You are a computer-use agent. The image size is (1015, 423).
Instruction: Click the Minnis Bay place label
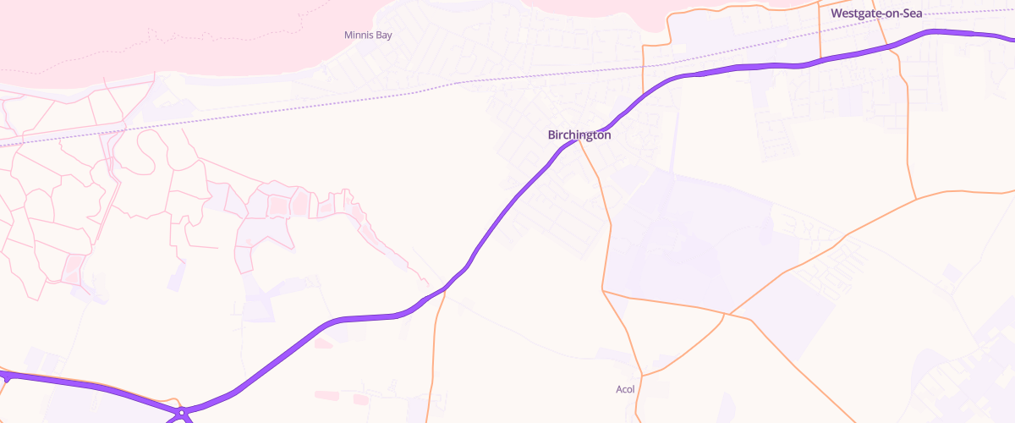pos(368,35)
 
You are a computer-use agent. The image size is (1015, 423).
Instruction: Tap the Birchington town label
pos(579,135)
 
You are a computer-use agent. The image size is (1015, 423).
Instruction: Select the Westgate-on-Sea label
pos(875,14)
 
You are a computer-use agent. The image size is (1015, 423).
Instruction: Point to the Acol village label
pos(625,390)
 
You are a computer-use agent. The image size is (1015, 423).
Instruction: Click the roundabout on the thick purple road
pos(182,414)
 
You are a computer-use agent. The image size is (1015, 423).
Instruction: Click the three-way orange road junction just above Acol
pos(643,375)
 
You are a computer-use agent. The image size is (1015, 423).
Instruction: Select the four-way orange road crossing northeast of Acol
pos(726,315)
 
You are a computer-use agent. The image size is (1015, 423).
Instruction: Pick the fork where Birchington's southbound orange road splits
pos(603,290)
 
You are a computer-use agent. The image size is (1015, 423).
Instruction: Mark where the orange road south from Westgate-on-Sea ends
pos(917,200)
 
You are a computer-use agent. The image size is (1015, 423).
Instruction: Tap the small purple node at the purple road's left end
pos(6,378)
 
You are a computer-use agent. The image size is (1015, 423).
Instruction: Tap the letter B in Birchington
pos(552,135)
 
